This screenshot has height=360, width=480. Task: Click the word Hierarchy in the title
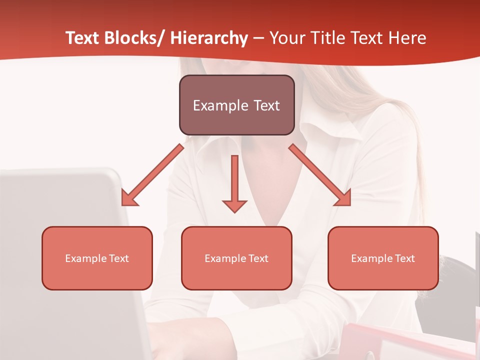pyautogui.click(x=209, y=38)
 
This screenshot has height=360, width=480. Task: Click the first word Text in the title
pyautogui.click(x=83, y=38)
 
